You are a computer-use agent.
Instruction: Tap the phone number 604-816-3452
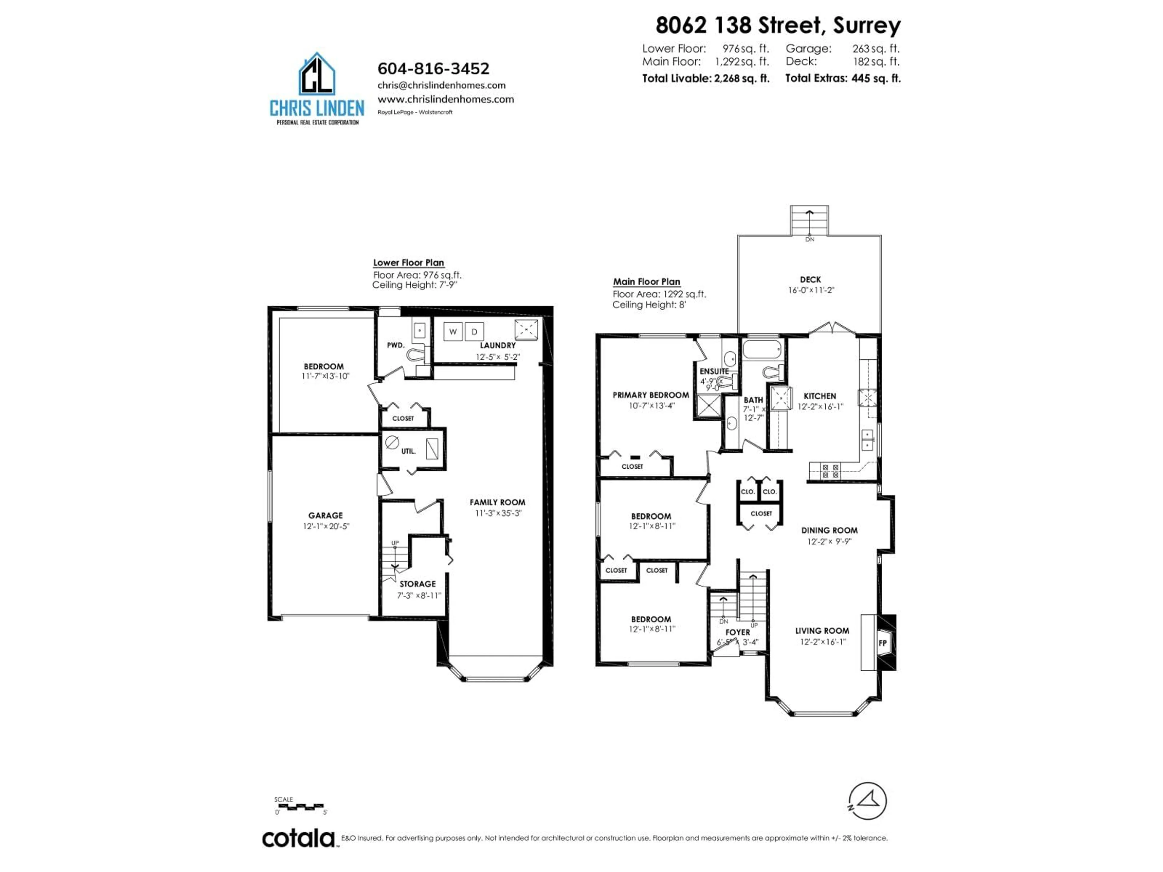[x=433, y=69]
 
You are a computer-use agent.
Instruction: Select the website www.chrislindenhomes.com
[x=445, y=99]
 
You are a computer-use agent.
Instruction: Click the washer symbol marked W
[x=453, y=332]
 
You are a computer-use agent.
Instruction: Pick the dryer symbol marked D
[x=474, y=332]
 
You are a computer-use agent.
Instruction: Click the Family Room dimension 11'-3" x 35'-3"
[x=497, y=513]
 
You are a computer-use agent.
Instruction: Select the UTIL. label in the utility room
[x=409, y=451]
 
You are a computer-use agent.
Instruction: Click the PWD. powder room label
[x=395, y=345]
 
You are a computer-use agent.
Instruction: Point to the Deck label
[x=810, y=280]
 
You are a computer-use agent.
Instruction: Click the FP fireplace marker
[x=883, y=643]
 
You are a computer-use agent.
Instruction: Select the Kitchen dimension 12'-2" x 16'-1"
[x=820, y=406]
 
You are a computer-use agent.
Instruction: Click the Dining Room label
[x=829, y=530]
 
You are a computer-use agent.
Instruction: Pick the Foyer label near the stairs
[x=738, y=632]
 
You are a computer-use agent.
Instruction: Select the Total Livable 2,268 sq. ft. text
[x=706, y=78]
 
